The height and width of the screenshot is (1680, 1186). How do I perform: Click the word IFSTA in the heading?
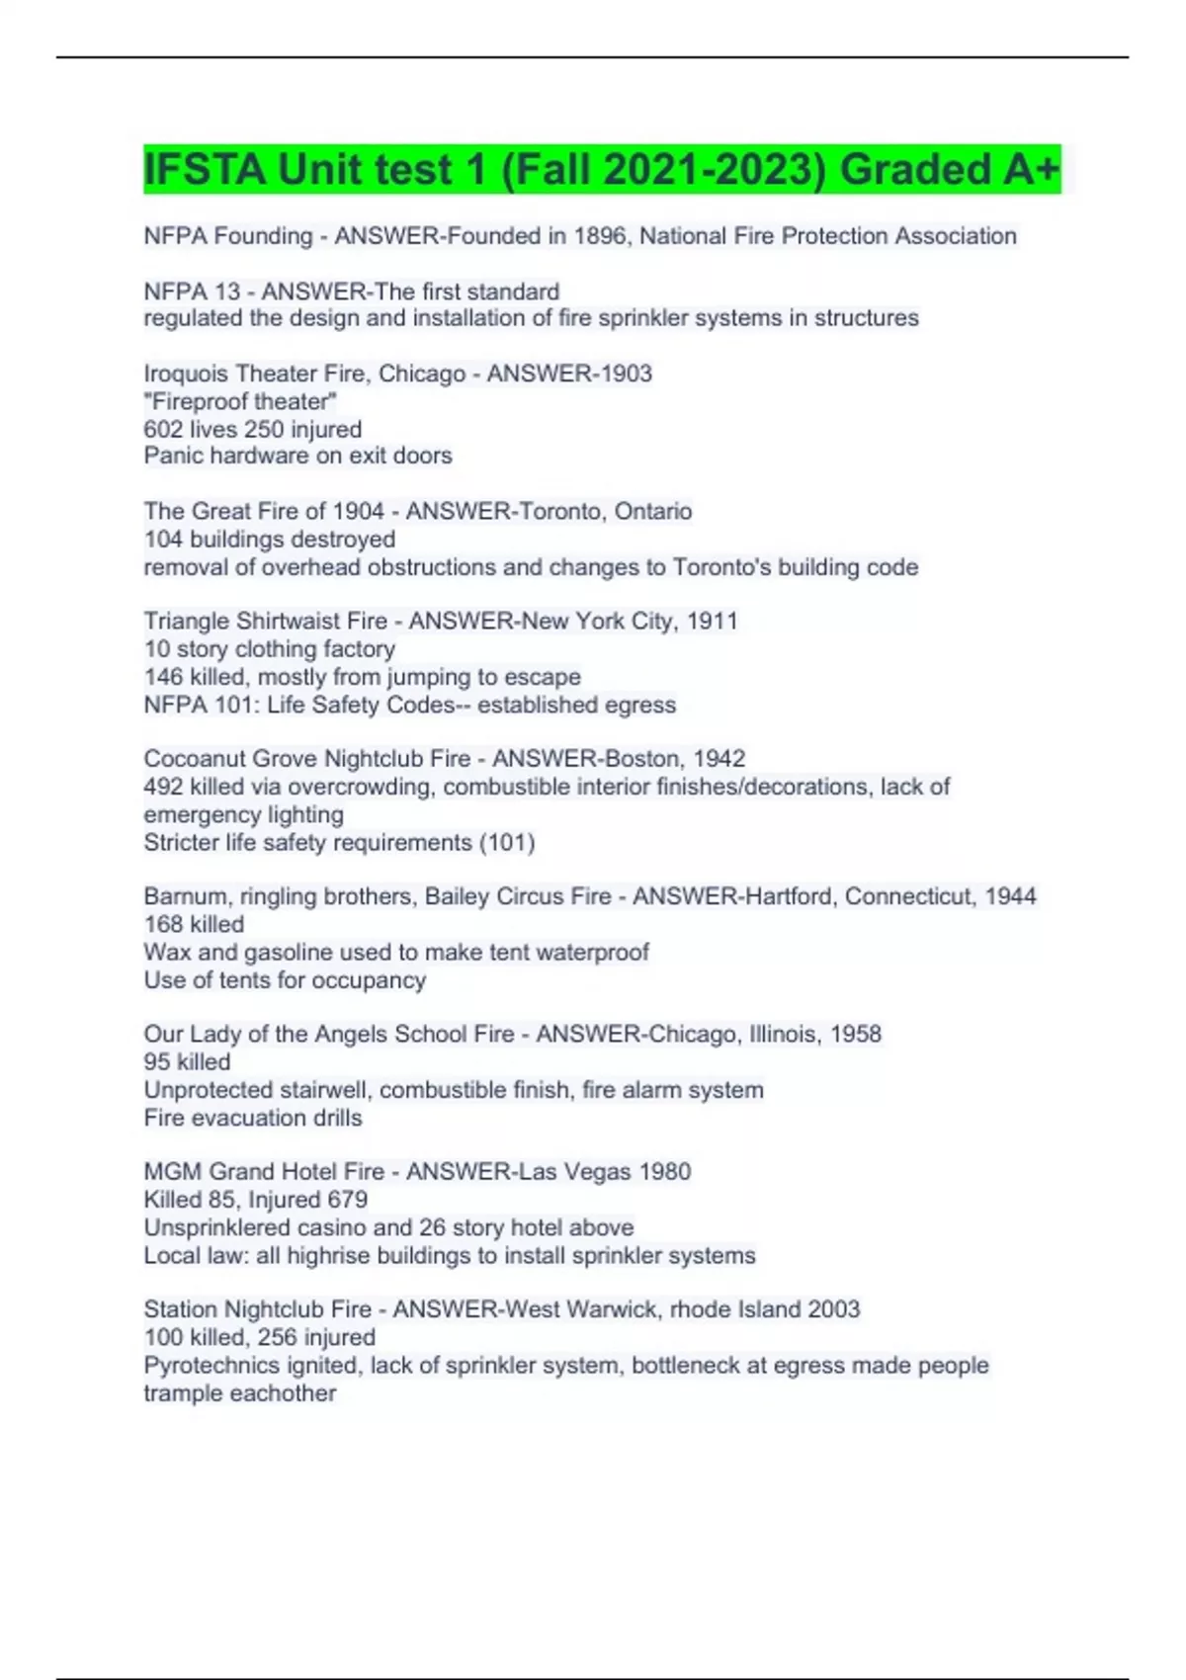[x=205, y=169]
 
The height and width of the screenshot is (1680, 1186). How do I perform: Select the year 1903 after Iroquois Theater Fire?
[x=619, y=374]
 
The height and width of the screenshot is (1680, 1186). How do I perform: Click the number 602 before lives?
[x=163, y=429]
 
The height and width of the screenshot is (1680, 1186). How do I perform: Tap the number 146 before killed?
[x=163, y=677]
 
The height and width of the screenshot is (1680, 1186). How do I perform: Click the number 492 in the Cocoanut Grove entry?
[x=163, y=787]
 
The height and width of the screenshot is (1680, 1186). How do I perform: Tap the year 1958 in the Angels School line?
[x=855, y=1034]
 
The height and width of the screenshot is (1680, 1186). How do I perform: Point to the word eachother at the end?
[x=288, y=1392]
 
